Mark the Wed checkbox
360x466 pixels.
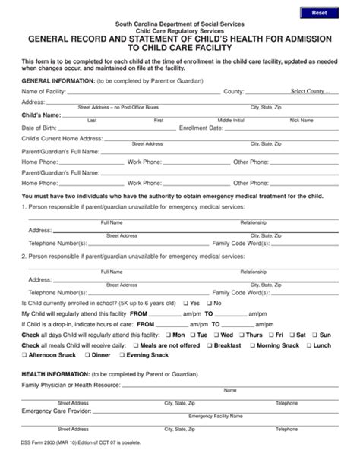pyautogui.click(x=215, y=335)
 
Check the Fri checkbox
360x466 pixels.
pyautogui.click(x=270, y=335)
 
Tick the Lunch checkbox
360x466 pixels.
pyautogui.click(x=308, y=345)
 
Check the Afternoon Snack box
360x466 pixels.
pyautogui.click(x=25, y=355)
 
